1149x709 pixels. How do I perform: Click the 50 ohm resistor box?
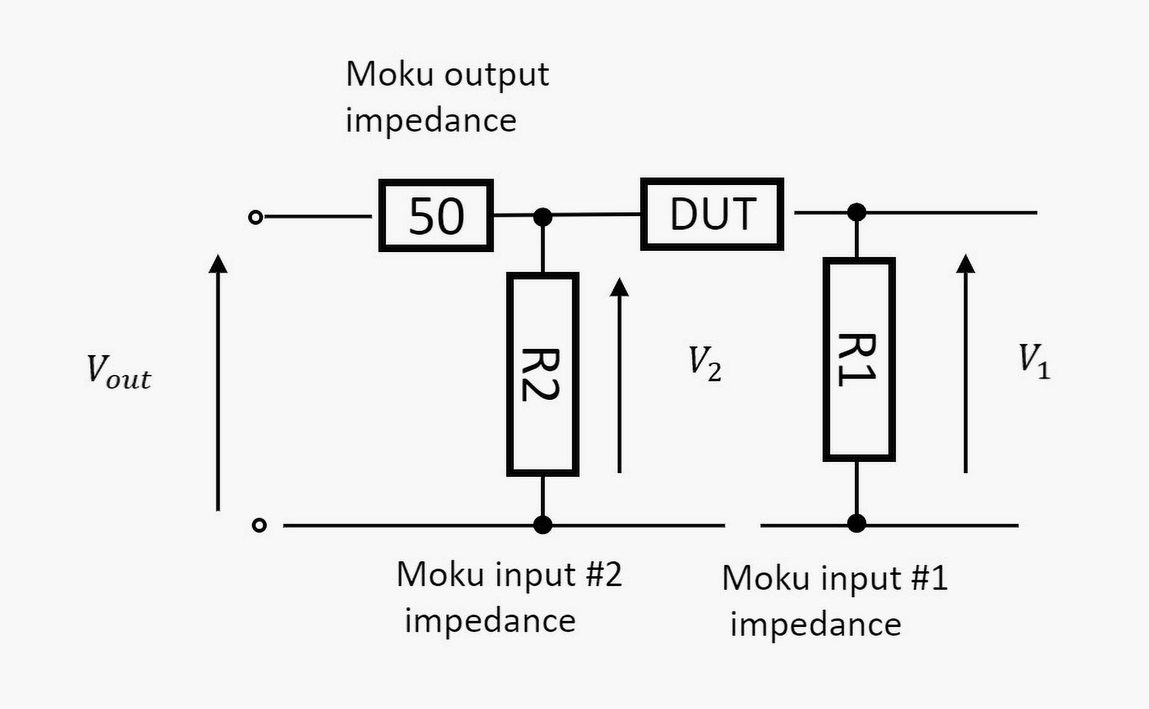point(436,216)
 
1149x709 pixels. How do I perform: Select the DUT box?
point(712,214)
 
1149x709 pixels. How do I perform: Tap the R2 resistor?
point(543,374)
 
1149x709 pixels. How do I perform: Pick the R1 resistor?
point(859,359)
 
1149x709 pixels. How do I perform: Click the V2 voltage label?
point(705,363)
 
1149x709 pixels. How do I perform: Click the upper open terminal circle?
point(255,217)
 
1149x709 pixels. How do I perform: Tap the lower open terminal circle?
point(259,525)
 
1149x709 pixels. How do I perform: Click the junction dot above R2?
point(543,217)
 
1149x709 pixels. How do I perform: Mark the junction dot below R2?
point(543,525)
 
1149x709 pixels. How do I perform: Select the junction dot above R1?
point(857,212)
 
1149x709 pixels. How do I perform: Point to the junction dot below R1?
point(857,523)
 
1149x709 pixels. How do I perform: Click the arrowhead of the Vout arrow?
point(218,263)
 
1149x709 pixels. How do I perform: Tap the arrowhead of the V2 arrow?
point(619,287)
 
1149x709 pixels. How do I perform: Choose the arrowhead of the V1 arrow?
point(965,264)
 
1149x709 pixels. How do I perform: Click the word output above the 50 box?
point(496,75)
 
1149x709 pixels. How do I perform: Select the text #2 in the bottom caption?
point(604,574)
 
